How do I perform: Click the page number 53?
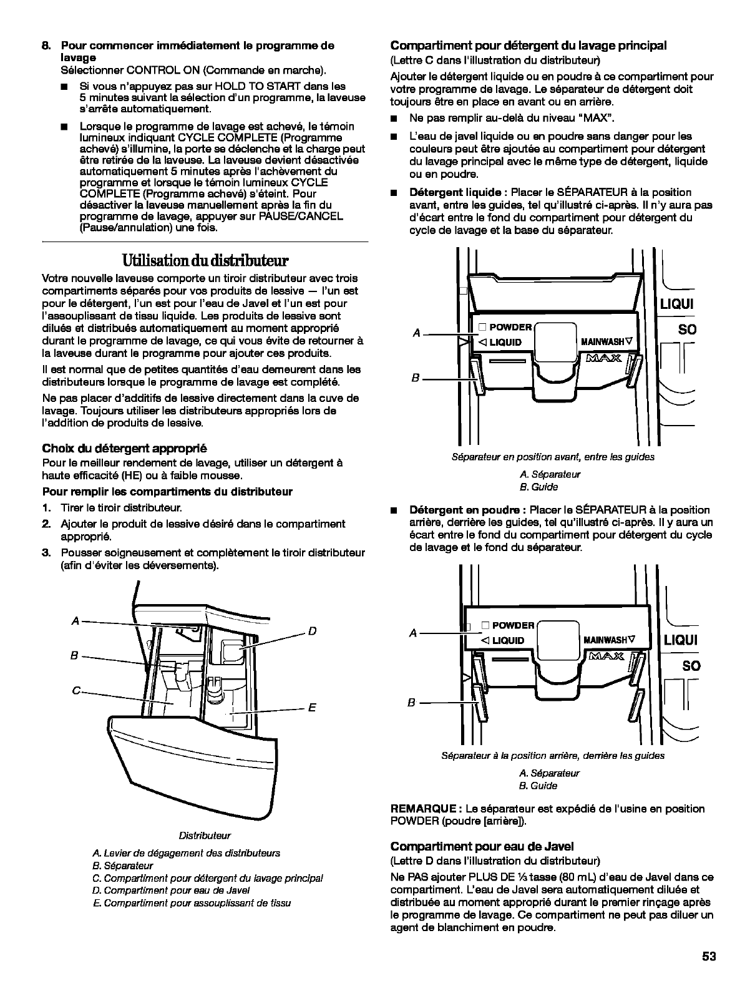click(x=708, y=957)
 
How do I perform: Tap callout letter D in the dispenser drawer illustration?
click(x=312, y=631)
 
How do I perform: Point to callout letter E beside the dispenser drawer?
click(x=312, y=707)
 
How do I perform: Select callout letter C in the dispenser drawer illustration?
click(x=75, y=690)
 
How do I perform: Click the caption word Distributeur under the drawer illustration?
click(x=205, y=836)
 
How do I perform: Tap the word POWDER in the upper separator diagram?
click(x=510, y=327)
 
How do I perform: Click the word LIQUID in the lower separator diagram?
click(x=508, y=640)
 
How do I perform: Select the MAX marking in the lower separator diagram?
click(x=604, y=656)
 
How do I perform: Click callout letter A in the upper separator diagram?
click(x=417, y=334)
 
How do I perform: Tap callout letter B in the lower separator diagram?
click(x=411, y=703)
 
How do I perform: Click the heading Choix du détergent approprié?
click(x=124, y=448)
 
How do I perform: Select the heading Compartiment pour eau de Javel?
click(x=482, y=846)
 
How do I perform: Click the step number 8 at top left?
click(x=46, y=46)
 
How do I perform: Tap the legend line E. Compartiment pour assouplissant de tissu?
click(x=191, y=903)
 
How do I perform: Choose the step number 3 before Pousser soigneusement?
click(x=46, y=553)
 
